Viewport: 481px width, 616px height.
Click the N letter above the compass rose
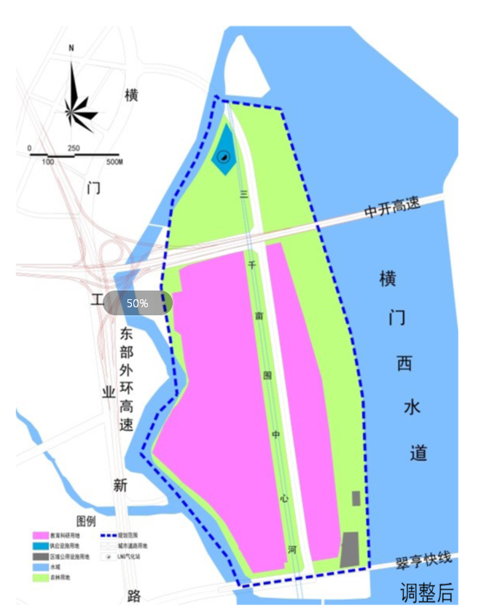click(x=71, y=49)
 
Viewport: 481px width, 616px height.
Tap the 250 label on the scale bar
click(x=74, y=149)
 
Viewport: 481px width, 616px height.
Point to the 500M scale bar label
click(x=114, y=161)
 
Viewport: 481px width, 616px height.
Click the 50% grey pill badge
click(x=138, y=303)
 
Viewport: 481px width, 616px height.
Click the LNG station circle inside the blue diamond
click(x=224, y=156)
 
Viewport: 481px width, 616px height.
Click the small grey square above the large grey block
click(x=356, y=498)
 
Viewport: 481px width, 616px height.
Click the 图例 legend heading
click(x=86, y=521)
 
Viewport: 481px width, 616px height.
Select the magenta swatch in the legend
click(x=41, y=535)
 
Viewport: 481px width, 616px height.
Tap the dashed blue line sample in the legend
click(x=109, y=535)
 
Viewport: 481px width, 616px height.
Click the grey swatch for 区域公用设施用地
click(x=41, y=556)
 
